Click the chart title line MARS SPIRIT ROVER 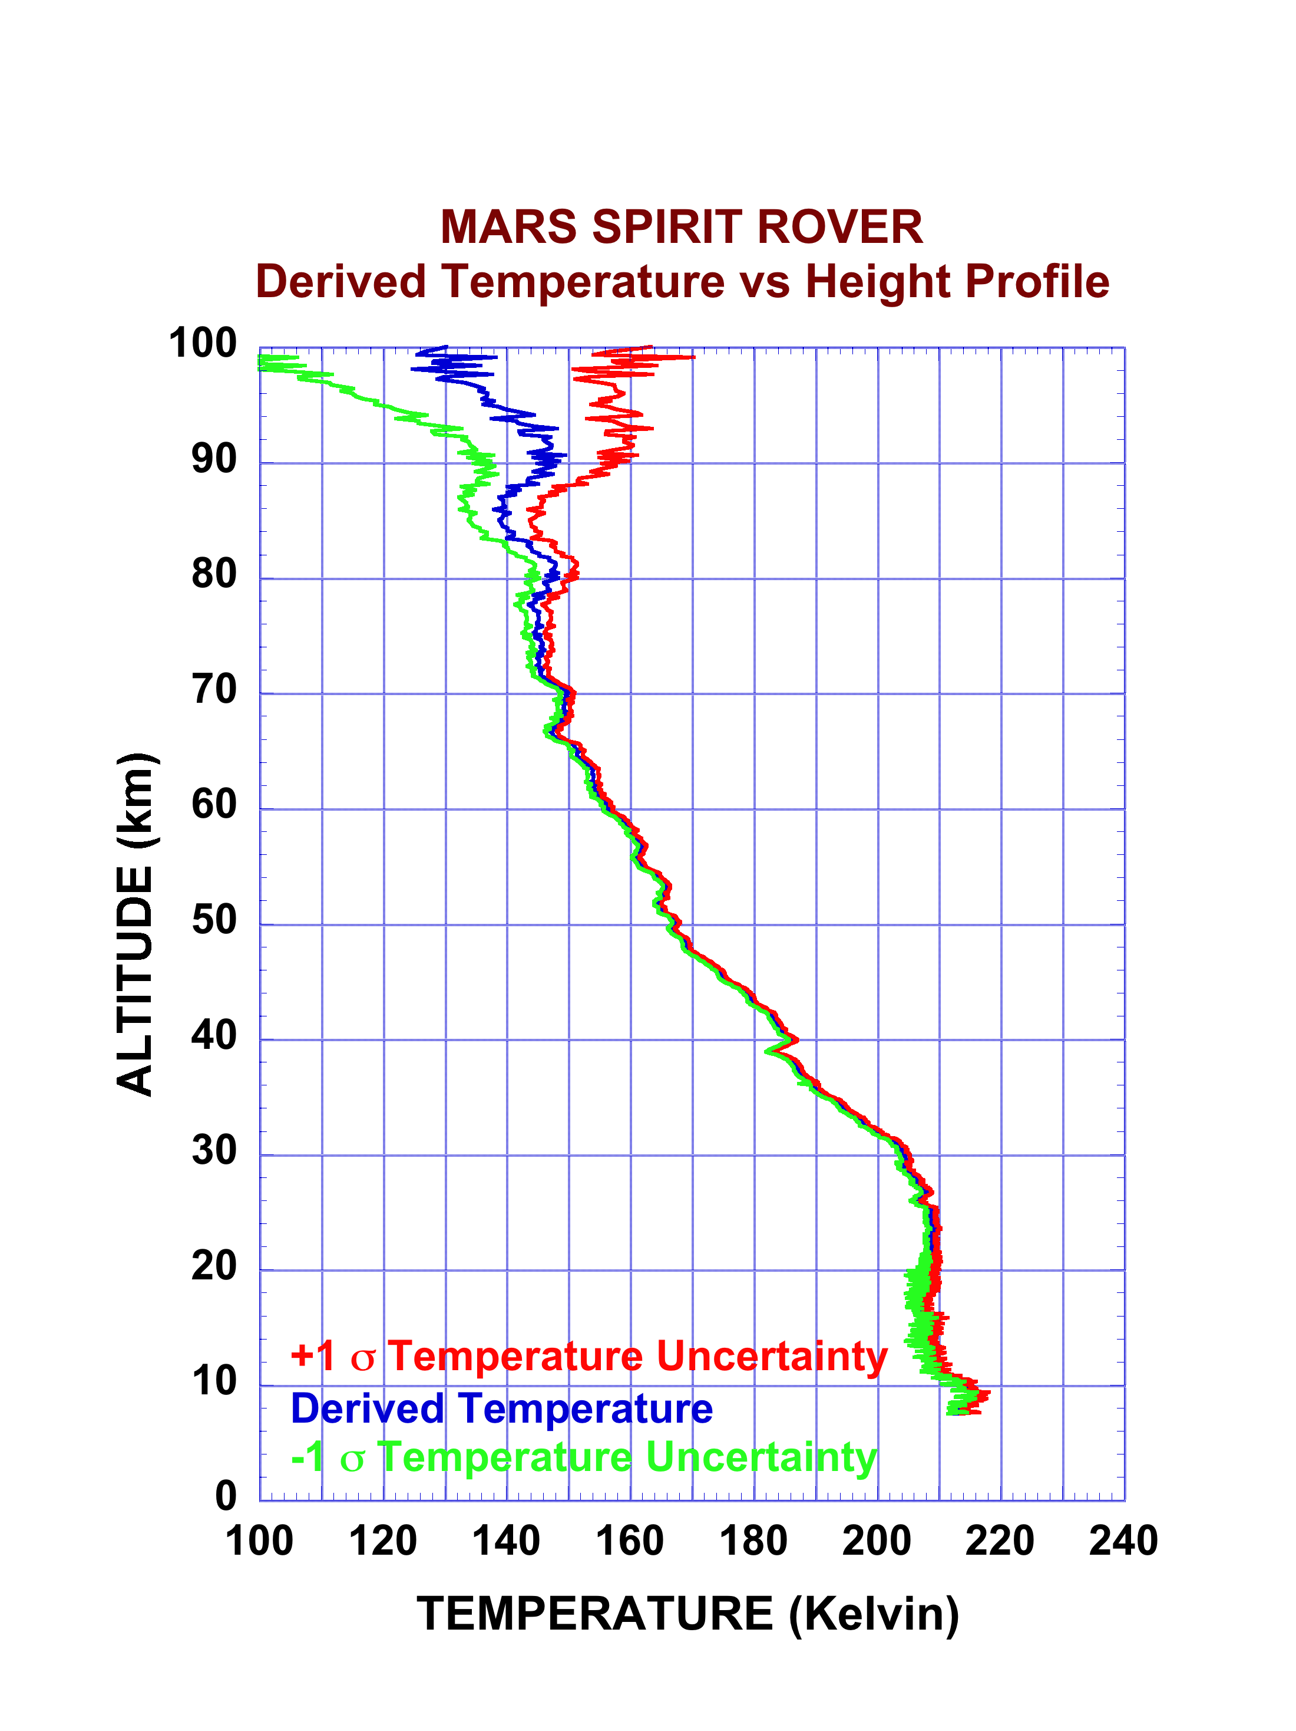click(681, 227)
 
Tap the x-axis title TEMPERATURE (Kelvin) click(687, 1614)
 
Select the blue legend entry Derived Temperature click(501, 1409)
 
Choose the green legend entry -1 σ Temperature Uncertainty click(583, 1457)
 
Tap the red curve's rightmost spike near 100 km click(692, 357)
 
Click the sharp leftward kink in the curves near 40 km click(769, 1051)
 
